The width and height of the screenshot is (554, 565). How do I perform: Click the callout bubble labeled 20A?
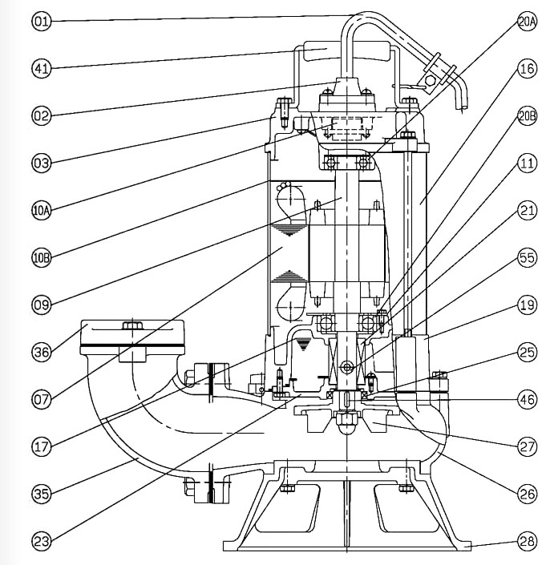[x=526, y=22]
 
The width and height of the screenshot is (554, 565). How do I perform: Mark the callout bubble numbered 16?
[x=526, y=69]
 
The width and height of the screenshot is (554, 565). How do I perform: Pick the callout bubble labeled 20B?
[x=526, y=116]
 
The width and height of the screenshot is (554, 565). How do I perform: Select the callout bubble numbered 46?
[x=526, y=398]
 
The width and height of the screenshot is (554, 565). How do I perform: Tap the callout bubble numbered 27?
[x=526, y=445]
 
